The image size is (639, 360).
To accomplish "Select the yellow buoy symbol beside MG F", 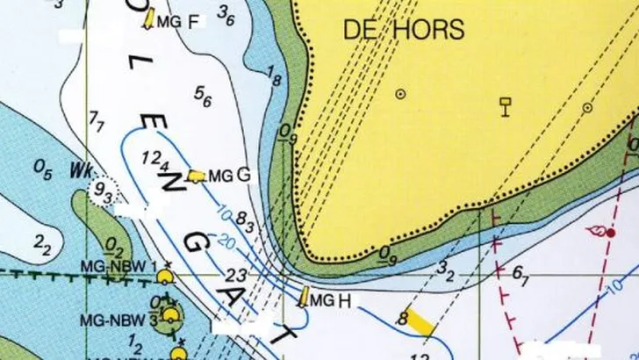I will click(x=150, y=17).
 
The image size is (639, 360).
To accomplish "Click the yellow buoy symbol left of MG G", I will click(x=197, y=176).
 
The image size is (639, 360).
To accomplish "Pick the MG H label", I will click(x=332, y=301).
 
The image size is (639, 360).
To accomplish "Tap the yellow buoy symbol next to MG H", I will click(x=304, y=296).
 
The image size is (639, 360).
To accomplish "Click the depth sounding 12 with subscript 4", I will click(x=156, y=158).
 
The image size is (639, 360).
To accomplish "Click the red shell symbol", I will click(x=601, y=234).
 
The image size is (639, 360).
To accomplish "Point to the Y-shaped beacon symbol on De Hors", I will click(x=505, y=106).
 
